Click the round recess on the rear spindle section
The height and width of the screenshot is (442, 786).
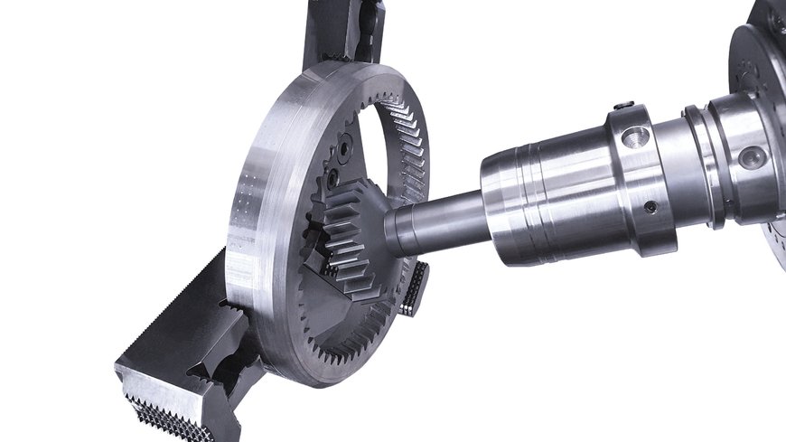coord(751,157)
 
